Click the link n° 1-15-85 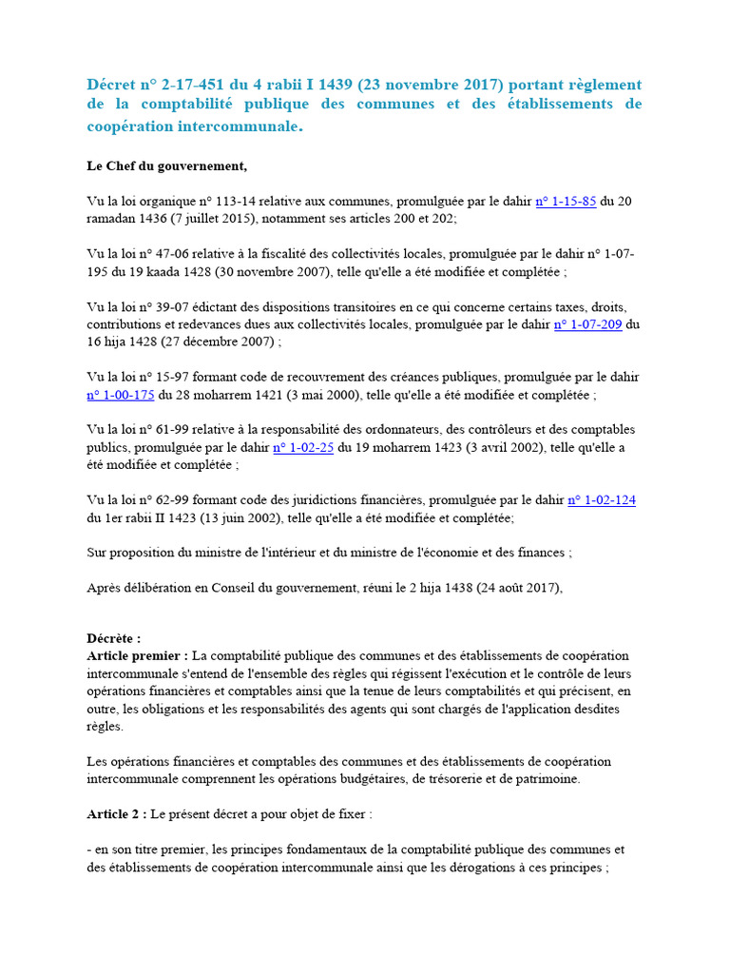tap(567, 202)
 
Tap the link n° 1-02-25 tap(303, 448)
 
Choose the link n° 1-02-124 tap(602, 500)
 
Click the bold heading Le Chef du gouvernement tap(166, 166)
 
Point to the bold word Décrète tap(112, 639)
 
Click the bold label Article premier tap(137, 656)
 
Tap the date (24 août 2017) tap(510, 588)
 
